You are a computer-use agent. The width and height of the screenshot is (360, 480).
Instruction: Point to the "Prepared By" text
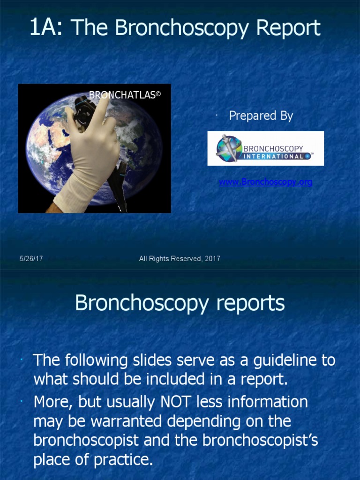click(261, 116)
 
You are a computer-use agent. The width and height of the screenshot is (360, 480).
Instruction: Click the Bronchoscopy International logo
click(265, 148)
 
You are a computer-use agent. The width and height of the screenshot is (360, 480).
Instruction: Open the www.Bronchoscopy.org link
click(265, 182)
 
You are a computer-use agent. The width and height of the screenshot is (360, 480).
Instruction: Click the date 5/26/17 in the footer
click(31, 258)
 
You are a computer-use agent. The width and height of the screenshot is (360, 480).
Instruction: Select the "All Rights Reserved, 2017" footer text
click(180, 258)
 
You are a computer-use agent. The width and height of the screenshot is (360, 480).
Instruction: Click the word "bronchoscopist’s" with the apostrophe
click(259, 440)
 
